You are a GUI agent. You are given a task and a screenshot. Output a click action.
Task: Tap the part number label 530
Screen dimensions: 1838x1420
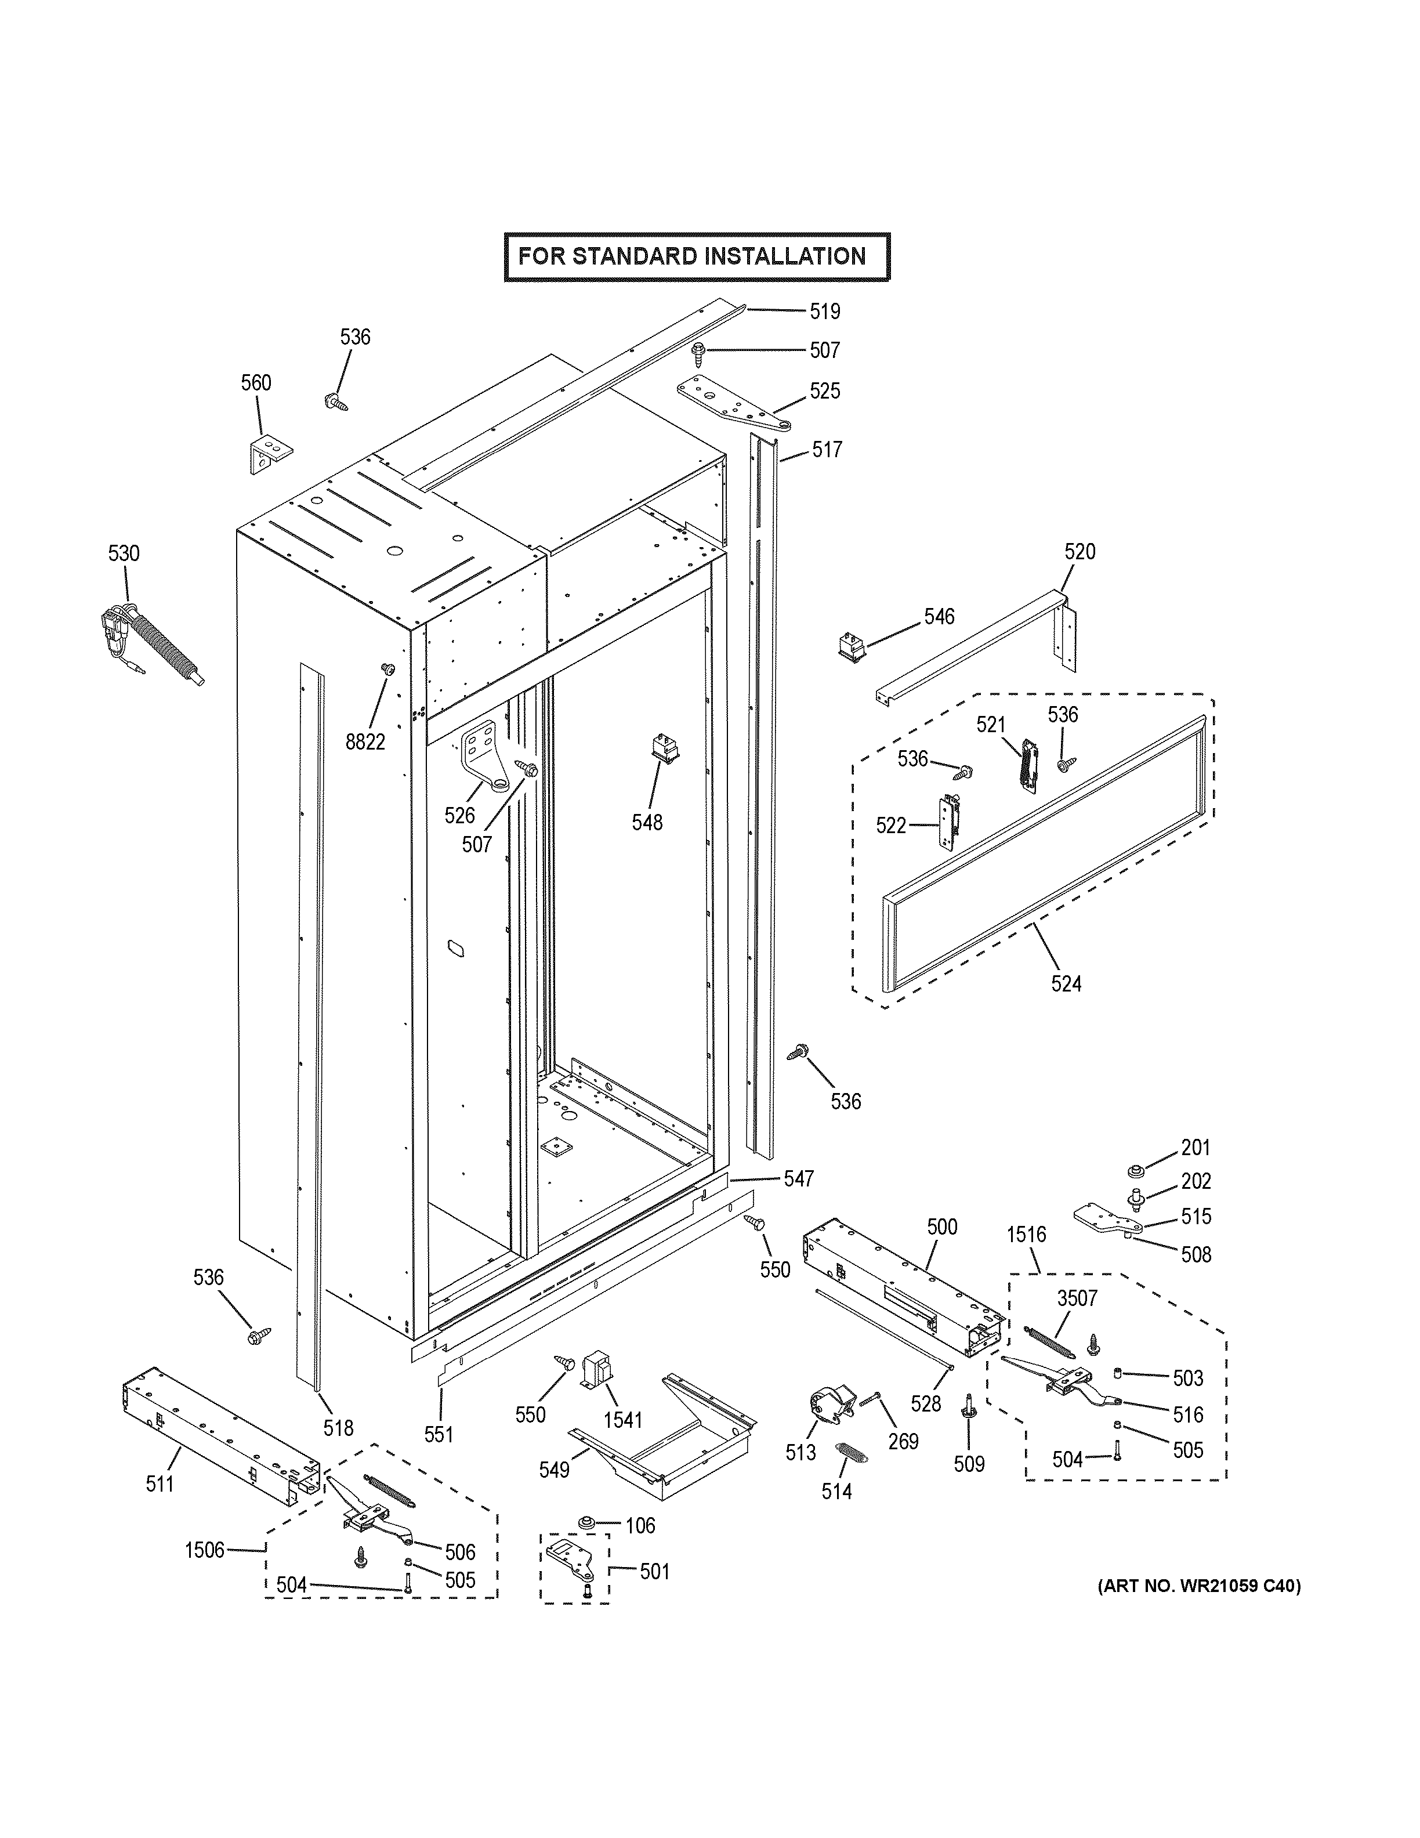click(124, 553)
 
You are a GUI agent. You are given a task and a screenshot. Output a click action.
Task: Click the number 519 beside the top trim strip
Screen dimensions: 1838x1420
click(824, 312)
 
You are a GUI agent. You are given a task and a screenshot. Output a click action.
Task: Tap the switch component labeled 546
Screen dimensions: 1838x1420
click(852, 646)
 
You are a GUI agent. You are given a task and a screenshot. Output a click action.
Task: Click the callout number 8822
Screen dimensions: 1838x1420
click(365, 741)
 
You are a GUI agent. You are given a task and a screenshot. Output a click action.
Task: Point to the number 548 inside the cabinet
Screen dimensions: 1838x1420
click(647, 822)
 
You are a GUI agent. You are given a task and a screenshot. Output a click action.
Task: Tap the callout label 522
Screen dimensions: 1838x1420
click(891, 826)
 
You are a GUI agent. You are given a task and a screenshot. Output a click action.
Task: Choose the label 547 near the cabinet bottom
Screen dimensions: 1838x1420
click(798, 1179)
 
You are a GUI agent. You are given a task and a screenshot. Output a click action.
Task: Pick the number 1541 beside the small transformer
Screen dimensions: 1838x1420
click(622, 1421)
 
